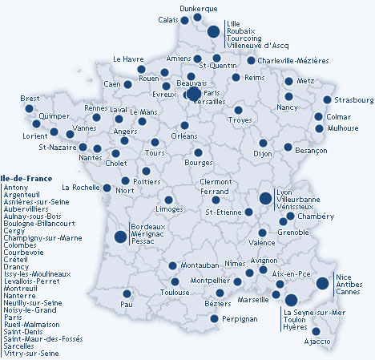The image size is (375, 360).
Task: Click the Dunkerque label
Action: click(199, 8)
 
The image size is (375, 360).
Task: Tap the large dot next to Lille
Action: click(214, 32)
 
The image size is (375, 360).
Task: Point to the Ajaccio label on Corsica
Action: click(317, 342)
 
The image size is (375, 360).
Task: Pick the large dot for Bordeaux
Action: click(120, 237)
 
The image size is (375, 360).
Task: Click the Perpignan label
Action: click(240, 318)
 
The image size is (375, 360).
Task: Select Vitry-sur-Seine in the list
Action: click(31, 353)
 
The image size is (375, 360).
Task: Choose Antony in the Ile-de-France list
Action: click(15, 187)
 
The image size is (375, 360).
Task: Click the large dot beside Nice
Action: click(322, 282)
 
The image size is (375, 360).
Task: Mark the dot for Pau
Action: click(127, 293)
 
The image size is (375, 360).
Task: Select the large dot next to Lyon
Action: click(264, 198)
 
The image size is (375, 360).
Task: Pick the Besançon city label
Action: click(289, 150)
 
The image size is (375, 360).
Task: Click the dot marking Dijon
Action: click(263, 143)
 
